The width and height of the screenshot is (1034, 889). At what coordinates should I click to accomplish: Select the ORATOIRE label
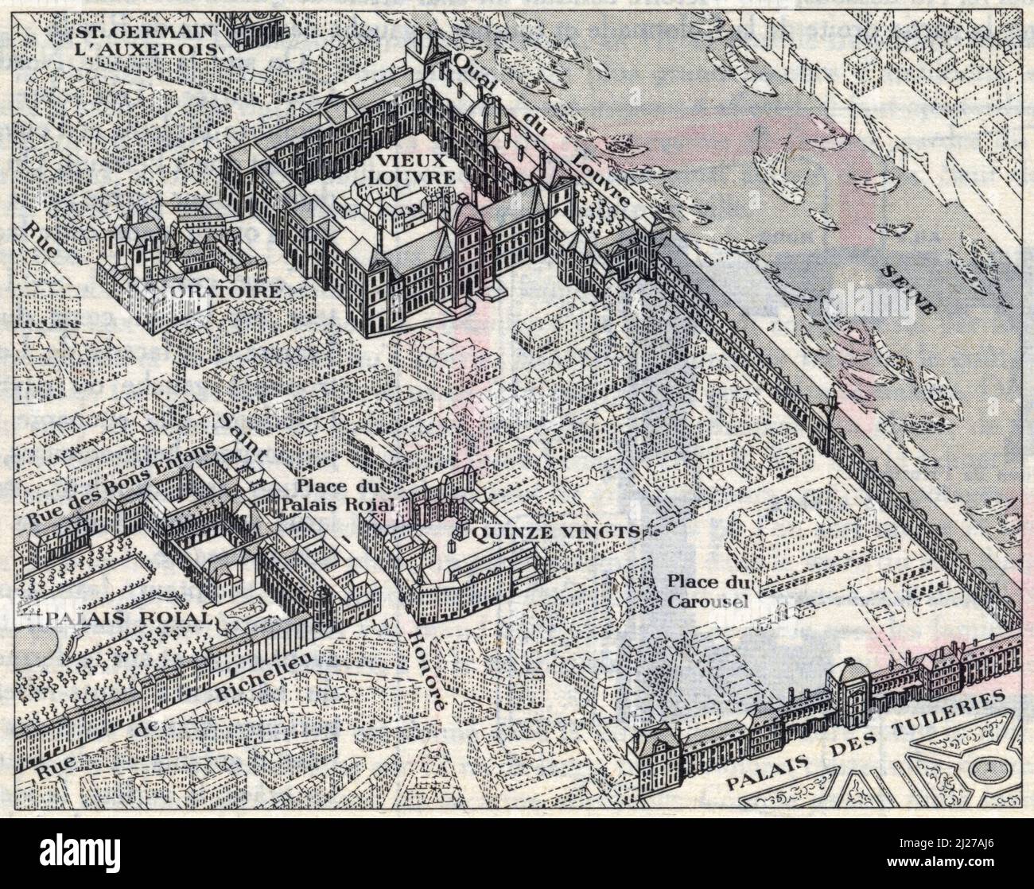(x=224, y=292)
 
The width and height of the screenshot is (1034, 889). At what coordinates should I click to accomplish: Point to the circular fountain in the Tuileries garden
(x=987, y=767)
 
